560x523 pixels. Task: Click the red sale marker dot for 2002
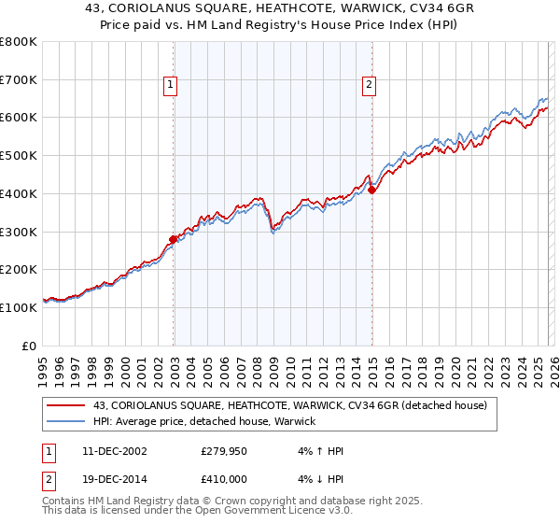pyautogui.click(x=174, y=238)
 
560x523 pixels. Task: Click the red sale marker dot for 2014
pyautogui.click(x=372, y=190)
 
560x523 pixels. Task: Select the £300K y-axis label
pyautogui.click(x=19, y=232)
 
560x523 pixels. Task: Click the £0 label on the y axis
pyautogui.click(x=31, y=346)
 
